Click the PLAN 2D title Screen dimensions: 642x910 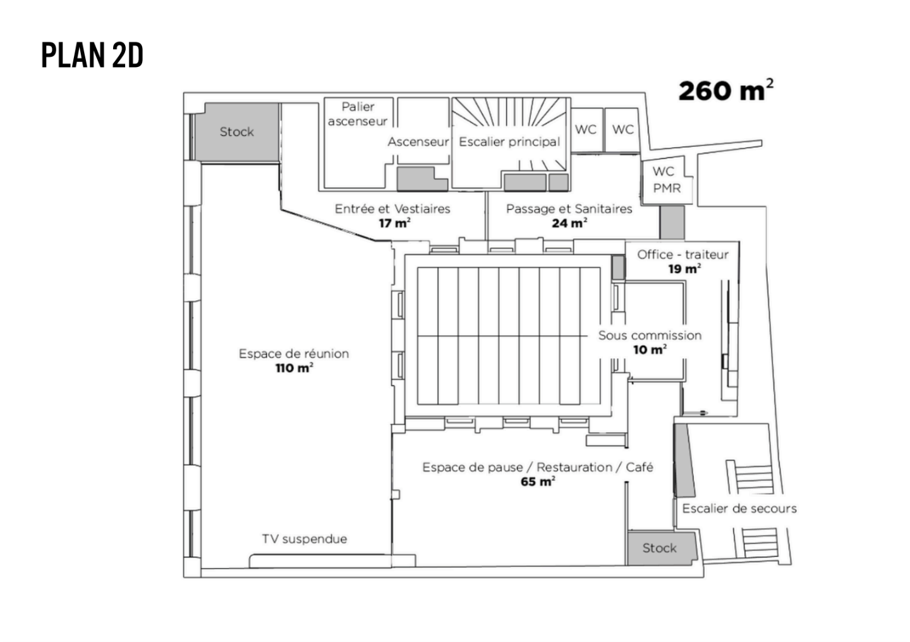click(x=92, y=56)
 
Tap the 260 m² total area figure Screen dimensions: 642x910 click(x=725, y=91)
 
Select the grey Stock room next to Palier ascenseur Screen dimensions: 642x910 click(x=237, y=131)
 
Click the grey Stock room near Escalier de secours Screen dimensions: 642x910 click(x=660, y=548)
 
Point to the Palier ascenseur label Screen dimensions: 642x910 click(x=358, y=114)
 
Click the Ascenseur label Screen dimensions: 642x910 click(x=418, y=142)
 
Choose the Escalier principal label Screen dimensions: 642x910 click(x=509, y=142)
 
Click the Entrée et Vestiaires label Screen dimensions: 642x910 click(x=392, y=209)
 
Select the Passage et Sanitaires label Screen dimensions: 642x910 click(x=569, y=209)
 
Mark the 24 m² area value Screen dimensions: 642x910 click(x=569, y=223)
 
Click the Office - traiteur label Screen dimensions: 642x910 click(x=682, y=254)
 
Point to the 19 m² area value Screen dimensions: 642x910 click(x=684, y=269)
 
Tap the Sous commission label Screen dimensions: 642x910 click(x=650, y=336)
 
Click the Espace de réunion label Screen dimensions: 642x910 click(x=294, y=353)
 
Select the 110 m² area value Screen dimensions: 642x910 click(x=294, y=368)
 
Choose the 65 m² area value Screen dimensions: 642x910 click(x=538, y=482)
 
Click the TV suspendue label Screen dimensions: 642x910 click(x=305, y=539)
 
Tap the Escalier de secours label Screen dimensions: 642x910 click(x=739, y=509)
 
